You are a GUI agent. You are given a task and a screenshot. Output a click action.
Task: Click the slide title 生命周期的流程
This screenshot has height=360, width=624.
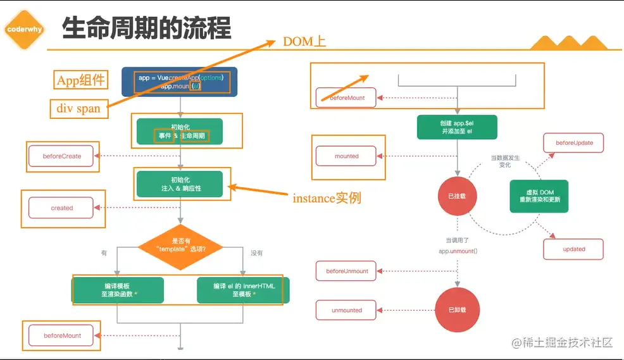(x=146, y=28)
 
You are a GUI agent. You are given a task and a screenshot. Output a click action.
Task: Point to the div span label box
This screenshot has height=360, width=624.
(x=78, y=108)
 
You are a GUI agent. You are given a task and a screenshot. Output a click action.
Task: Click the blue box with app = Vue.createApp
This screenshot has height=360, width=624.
(x=180, y=82)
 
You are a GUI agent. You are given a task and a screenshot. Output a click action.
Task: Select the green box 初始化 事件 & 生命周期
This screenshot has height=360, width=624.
(x=180, y=131)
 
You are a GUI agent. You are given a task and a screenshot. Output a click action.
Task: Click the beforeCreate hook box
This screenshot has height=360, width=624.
(x=62, y=156)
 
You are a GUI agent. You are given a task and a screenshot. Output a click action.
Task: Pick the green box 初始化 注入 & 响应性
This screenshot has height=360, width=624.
(x=180, y=183)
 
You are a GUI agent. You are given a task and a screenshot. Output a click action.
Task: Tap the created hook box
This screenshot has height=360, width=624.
(x=62, y=208)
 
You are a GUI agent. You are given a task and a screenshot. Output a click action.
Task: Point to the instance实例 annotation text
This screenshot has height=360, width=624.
(x=327, y=198)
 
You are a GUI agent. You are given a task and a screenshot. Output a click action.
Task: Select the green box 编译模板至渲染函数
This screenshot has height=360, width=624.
(x=118, y=290)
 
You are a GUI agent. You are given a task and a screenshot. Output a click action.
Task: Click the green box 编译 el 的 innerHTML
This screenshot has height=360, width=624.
(x=244, y=290)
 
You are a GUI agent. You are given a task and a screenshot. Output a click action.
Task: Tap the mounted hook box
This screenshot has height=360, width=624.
(x=346, y=156)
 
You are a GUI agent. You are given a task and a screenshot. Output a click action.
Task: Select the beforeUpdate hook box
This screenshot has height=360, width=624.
(x=574, y=143)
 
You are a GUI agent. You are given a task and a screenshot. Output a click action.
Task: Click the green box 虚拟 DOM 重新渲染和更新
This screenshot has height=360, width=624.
(x=539, y=196)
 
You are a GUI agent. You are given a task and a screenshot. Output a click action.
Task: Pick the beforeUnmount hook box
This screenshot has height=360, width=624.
(x=346, y=271)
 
